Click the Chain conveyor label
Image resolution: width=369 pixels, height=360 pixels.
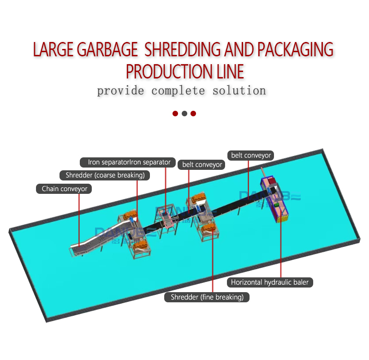64,189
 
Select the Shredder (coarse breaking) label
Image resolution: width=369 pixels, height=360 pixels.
105,175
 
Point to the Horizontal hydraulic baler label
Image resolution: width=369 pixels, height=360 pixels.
270,282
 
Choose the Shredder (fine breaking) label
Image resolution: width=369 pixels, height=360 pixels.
207,297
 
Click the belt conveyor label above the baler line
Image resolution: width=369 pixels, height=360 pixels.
251,156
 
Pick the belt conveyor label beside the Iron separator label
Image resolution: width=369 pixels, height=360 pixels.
202,164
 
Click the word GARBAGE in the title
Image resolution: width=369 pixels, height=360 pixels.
107,50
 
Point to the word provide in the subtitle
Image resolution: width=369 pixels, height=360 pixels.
120,91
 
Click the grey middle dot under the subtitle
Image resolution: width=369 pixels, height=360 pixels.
184,114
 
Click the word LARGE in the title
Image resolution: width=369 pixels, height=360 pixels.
54,50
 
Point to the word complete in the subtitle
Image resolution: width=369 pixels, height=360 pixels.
178,91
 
